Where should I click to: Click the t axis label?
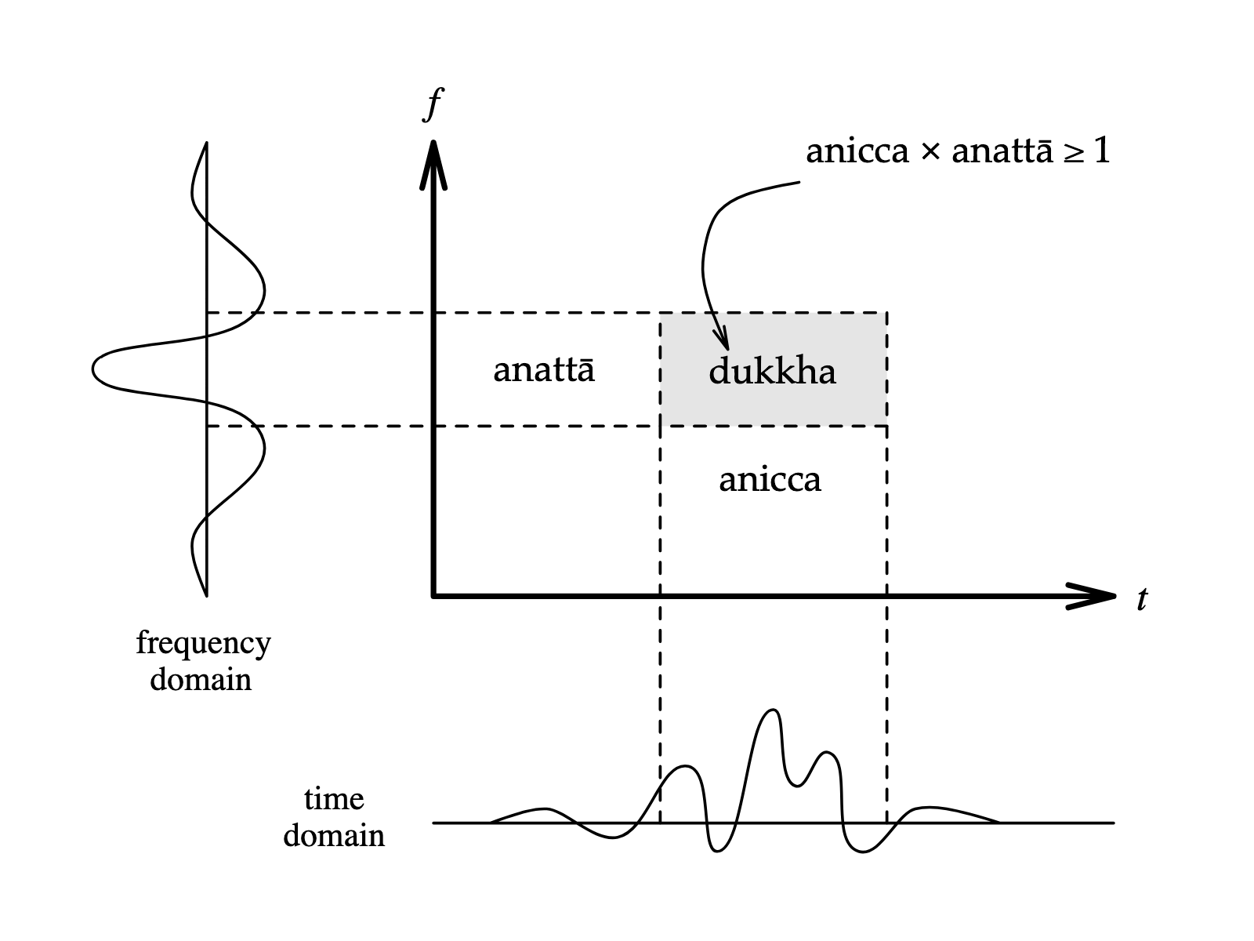point(1142,599)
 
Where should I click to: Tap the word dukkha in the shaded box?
point(772,372)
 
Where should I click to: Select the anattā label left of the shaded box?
point(544,369)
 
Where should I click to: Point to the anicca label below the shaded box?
point(770,479)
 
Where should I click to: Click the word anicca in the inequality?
point(857,151)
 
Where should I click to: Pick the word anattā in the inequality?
point(1002,151)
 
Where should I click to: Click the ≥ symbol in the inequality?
point(1073,152)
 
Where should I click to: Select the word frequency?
point(203,644)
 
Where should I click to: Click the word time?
point(334,799)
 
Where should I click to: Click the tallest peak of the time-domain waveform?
point(773,711)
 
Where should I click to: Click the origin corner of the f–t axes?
point(433,596)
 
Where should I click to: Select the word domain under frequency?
point(201,679)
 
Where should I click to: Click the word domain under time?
point(334,836)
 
